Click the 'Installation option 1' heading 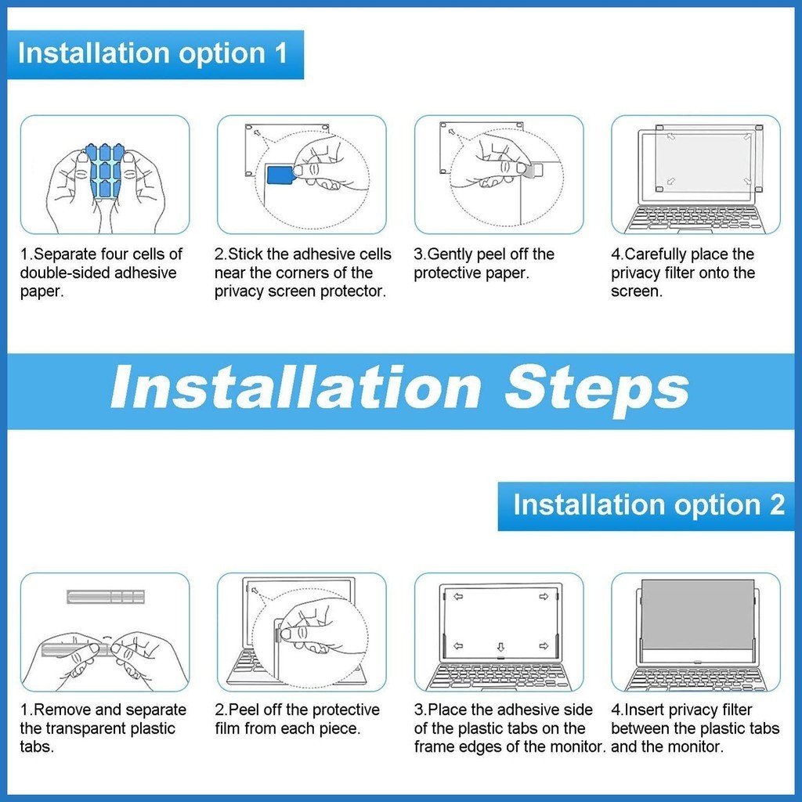tap(153, 53)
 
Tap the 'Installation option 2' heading tap(648, 505)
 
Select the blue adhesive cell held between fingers tap(280, 175)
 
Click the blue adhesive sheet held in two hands tap(106, 171)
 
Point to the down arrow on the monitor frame tap(500, 647)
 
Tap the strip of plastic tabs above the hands tap(106, 596)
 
